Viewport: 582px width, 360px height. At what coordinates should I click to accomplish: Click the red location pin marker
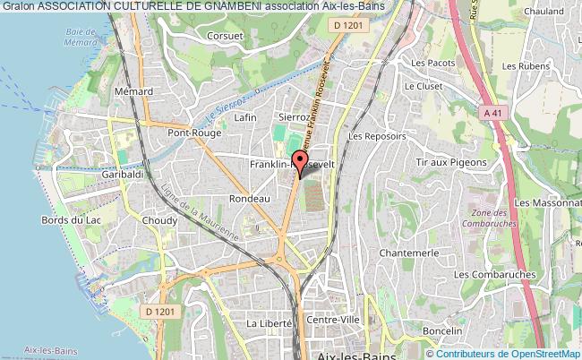pos(298,164)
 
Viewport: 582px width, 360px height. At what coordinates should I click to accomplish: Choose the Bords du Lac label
pos(69,220)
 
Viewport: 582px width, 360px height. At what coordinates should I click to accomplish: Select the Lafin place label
pos(244,117)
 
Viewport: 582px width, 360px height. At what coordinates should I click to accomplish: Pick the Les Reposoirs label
pos(377,137)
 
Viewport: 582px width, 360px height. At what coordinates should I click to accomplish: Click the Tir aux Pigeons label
pos(451,162)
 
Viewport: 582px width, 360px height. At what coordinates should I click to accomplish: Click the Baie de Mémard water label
pos(81,36)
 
